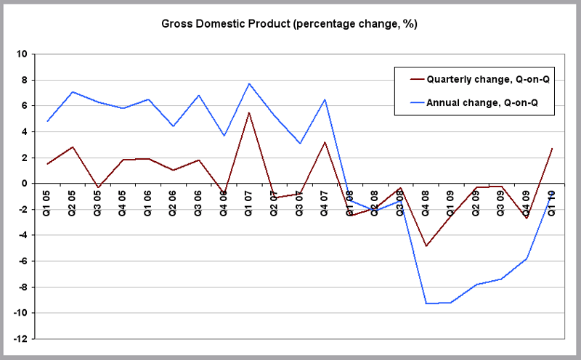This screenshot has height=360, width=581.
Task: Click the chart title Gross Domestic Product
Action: (289, 24)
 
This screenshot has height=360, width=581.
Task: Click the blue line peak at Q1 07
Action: (249, 83)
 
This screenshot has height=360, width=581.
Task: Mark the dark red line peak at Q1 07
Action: (249, 112)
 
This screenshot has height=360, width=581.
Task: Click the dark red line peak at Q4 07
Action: (325, 142)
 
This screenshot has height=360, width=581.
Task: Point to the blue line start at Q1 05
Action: (47, 121)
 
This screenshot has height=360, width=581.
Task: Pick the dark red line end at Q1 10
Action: (553, 149)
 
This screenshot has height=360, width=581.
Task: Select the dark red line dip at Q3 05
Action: (98, 187)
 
